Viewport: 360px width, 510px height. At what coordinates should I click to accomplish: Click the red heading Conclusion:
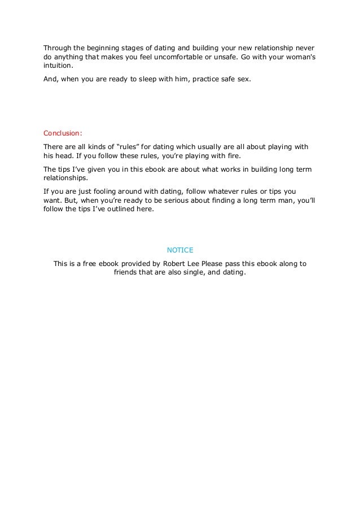pyautogui.click(x=63, y=134)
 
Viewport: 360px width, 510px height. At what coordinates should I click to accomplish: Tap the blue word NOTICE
pyautogui.click(x=181, y=249)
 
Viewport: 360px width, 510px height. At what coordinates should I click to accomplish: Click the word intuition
pyautogui.click(x=59, y=68)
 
